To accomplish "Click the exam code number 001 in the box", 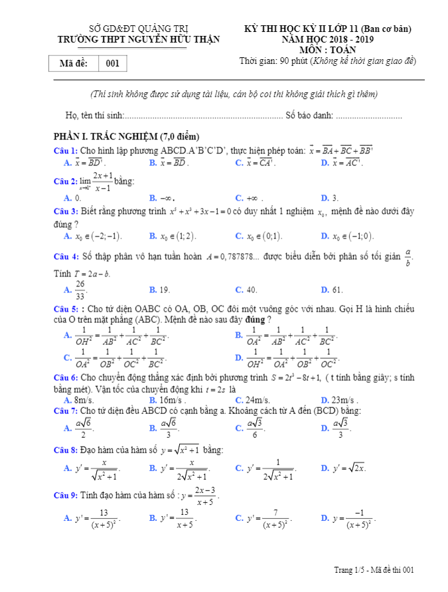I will point(112,64).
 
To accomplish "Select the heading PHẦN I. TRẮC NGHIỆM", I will point(122,136).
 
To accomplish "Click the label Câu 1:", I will point(66,151).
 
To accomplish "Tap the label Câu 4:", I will point(66,256).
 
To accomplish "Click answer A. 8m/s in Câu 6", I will point(79,400).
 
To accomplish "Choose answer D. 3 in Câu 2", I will point(330,197).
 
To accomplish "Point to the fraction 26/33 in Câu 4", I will point(80,290).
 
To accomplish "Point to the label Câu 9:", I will point(66,495).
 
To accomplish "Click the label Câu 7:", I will point(66,411).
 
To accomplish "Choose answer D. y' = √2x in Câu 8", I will point(343,468).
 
